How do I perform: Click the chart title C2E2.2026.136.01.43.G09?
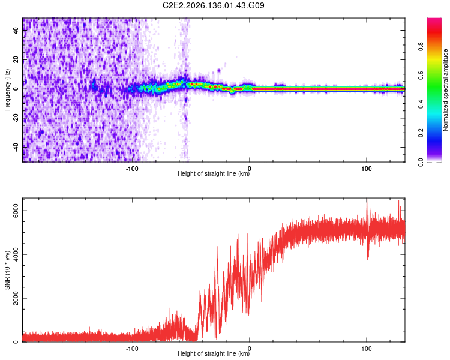click(x=213, y=5)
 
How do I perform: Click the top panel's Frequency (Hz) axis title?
click(x=7, y=90)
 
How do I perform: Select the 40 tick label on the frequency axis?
click(x=16, y=31)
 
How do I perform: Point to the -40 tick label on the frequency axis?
click(x=16, y=147)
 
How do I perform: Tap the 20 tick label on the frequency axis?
click(x=16, y=60)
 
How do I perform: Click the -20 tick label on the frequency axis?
click(x=16, y=118)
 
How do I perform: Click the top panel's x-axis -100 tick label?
click(x=132, y=169)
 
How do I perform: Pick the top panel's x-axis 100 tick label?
click(x=367, y=169)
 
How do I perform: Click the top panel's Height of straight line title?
click(x=214, y=173)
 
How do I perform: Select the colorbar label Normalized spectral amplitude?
click(x=445, y=90)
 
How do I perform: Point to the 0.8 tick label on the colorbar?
click(x=421, y=46)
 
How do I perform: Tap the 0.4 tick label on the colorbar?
click(x=421, y=104)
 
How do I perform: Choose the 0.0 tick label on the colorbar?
click(x=421, y=163)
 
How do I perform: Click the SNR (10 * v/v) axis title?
click(x=7, y=270)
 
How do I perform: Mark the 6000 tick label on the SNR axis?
click(x=16, y=211)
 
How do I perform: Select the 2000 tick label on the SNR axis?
click(x=16, y=298)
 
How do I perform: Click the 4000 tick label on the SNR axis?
click(x=16, y=254)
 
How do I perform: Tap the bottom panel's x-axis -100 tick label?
click(x=132, y=349)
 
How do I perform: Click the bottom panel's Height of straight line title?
click(x=214, y=353)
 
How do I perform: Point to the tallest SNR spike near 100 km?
click(x=367, y=199)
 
